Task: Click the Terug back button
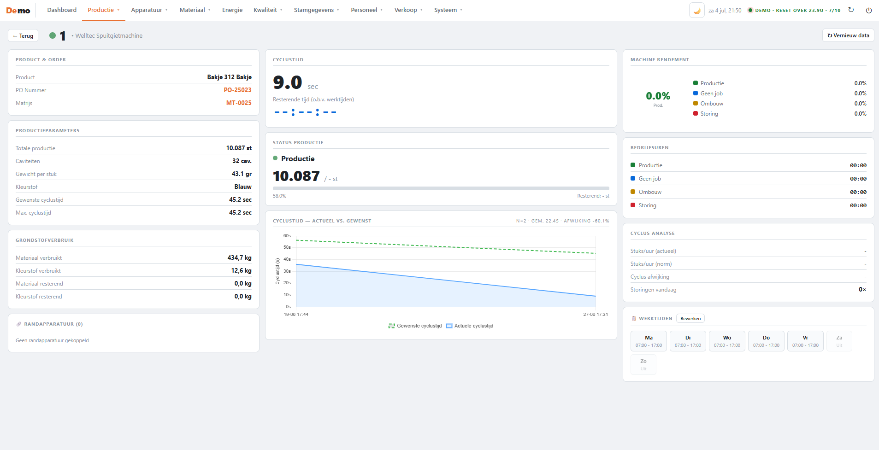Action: (x=23, y=35)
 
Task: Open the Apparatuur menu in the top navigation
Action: (x=149, y=10)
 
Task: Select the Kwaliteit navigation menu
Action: (x=268, y=10)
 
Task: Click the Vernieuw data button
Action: (x=848, y=35)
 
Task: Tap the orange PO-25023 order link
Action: (x=237, y=90)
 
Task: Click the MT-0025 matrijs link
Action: (x=239, y=103)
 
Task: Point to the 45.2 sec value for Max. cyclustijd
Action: (x=240, y=213)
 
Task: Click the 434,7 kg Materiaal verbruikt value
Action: (x=239, y=258)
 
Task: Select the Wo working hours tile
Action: (x=727, y=341)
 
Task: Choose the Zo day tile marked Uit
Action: (x=643, y=365)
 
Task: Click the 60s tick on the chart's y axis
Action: (x=287, y=236)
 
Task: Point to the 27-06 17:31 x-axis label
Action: (x=596, y=315)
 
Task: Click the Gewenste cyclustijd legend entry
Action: (x=415, y=326)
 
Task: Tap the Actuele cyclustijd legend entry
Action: (x=470, y=326)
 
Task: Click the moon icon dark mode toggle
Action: (x=697, y=10)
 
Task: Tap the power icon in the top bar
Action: (x=869, y=10)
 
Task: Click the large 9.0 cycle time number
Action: (x=288, y=82)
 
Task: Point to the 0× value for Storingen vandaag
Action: (x=862, y=290)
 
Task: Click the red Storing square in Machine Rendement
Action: (x=696, y=113)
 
